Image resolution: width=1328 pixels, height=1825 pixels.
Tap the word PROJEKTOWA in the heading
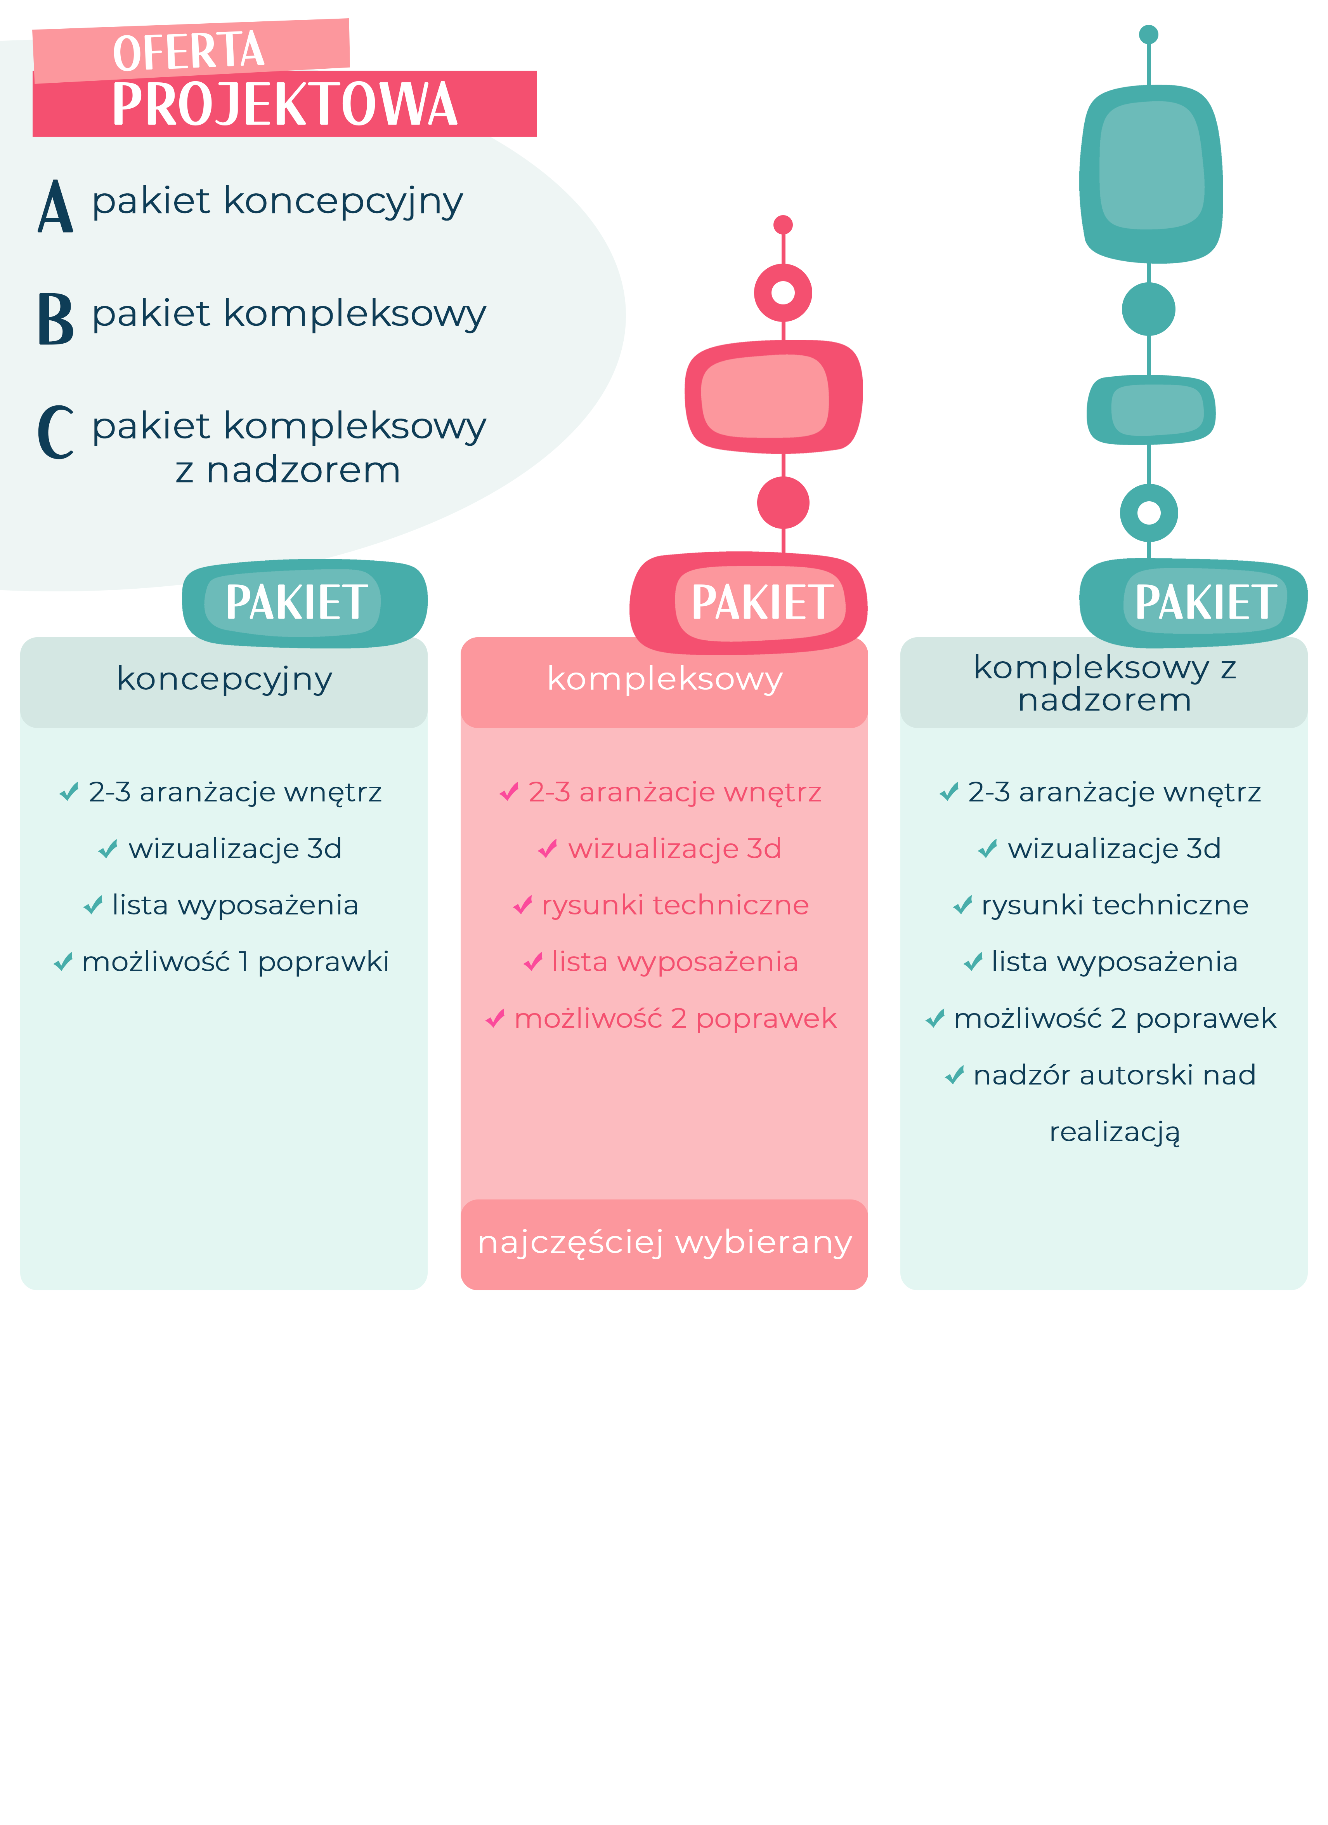click(285, 104)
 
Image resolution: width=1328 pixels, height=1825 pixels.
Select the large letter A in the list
click(55, 206)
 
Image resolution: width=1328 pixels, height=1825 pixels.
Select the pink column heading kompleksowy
click(664, 679)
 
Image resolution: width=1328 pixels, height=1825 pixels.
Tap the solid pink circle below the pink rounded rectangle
click(783, 503)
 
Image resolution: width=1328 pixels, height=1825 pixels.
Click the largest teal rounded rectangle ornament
click(1151, 174)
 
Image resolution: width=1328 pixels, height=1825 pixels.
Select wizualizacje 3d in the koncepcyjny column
click(235, 849)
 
